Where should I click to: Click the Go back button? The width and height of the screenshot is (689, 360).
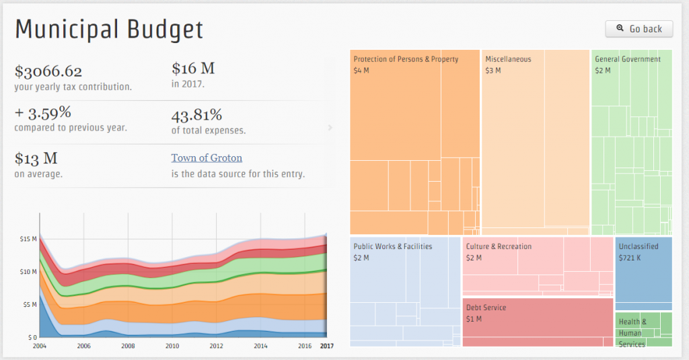[x=639, y=29]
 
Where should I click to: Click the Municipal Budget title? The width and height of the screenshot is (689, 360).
[x=109, y=30]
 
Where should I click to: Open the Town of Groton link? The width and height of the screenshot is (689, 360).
[x=207, y=158]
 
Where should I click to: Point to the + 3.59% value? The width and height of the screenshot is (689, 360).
[x=42, y=112]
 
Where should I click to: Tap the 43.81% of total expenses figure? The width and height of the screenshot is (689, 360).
[x=196, y=114]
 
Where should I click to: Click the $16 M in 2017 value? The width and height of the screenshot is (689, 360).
[x=193, y=69]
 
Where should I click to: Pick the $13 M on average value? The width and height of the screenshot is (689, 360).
[x=36, y=158]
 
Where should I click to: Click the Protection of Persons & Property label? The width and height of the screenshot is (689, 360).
[x=406, y=59]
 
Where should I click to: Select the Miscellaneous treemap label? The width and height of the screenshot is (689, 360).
[x=508, y=59]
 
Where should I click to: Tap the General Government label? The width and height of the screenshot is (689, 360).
[x=628, y=59]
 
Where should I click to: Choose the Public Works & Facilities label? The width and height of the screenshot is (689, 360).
[x=393, y=246]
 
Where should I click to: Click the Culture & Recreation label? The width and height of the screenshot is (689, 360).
[x=499, y=246]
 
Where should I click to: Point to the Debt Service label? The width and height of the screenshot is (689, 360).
[x=486, y=308]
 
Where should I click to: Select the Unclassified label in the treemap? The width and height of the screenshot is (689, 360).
[x=639, y=246]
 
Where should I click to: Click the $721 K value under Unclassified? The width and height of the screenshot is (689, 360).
[x=630, y=258]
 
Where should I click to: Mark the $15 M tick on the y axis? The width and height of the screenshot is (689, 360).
[x=28, y=239]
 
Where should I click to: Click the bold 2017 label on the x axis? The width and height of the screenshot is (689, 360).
[x=327, y=346]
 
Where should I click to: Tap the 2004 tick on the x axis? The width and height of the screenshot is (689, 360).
[x=40, y=346]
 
